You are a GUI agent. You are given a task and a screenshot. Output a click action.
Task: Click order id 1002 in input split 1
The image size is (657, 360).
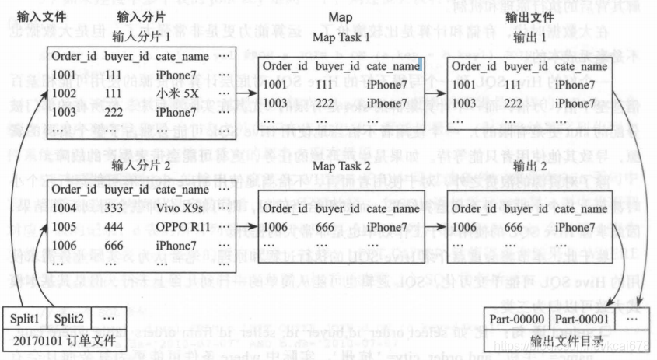click(x=65, y=93)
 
